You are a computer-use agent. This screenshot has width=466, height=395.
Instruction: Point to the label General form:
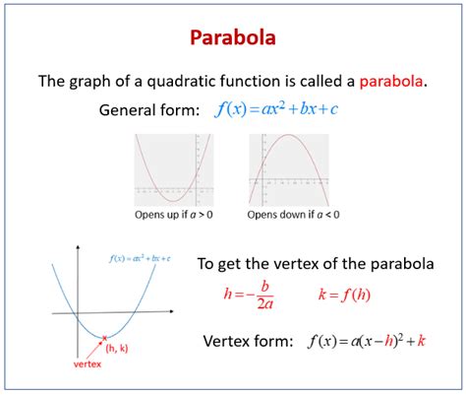click(149, 109)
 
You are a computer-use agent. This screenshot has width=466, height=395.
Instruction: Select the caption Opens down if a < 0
click(289, 213)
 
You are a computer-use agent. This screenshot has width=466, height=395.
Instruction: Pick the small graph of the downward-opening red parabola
click(289, 169)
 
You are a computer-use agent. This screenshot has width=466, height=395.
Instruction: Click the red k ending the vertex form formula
click(421, 342)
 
